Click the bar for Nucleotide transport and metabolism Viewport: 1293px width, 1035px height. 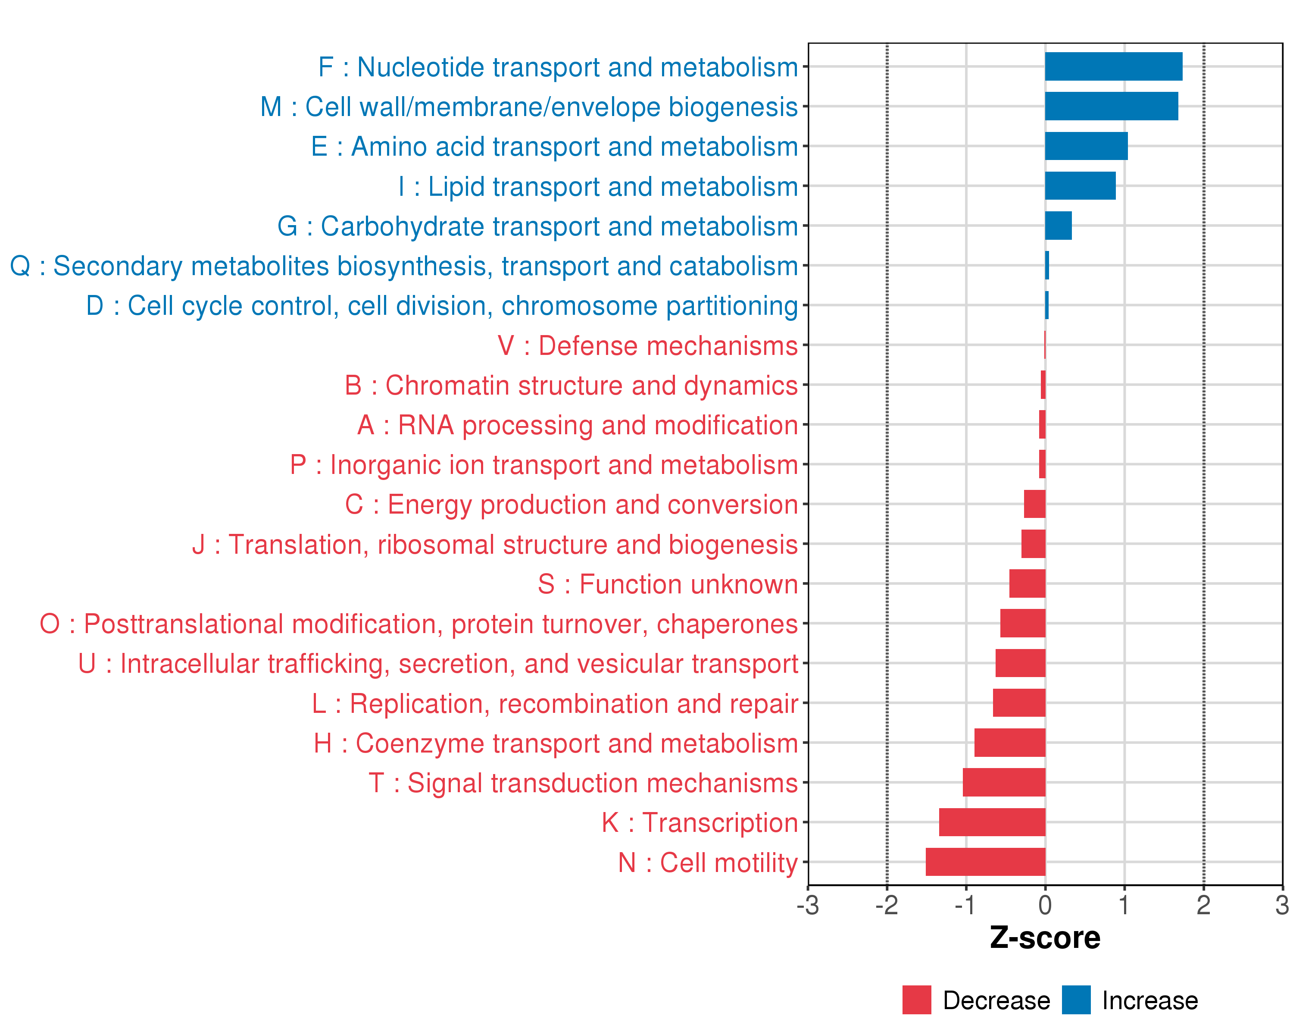click(x=1113, y=66)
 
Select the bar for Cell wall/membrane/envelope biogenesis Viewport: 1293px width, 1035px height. click(x=1111, y=106)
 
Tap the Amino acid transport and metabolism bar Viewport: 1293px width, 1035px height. click(x=1086, y=146)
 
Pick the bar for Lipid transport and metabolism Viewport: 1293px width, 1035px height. click(x=1080, y=186)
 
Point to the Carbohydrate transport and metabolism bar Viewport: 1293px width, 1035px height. click(x=1058, y=226)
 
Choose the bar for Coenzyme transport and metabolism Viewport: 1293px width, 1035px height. click(x=1009, y=743)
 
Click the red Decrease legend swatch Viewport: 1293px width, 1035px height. click(x=916, y=1000)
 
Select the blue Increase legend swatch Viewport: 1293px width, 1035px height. click(x=1076, y=1000)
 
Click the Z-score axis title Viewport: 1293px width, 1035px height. click(x=1045, y=938)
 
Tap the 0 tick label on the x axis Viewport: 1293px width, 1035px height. click(x=1045, y=905)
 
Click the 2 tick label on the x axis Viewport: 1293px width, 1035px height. click(x=1203, y=905)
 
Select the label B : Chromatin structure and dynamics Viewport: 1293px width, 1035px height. click(x=571, y=386)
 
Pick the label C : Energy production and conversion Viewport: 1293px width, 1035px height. click(x=571, y=505)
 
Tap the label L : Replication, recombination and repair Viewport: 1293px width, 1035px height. click(x=555, y=704)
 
